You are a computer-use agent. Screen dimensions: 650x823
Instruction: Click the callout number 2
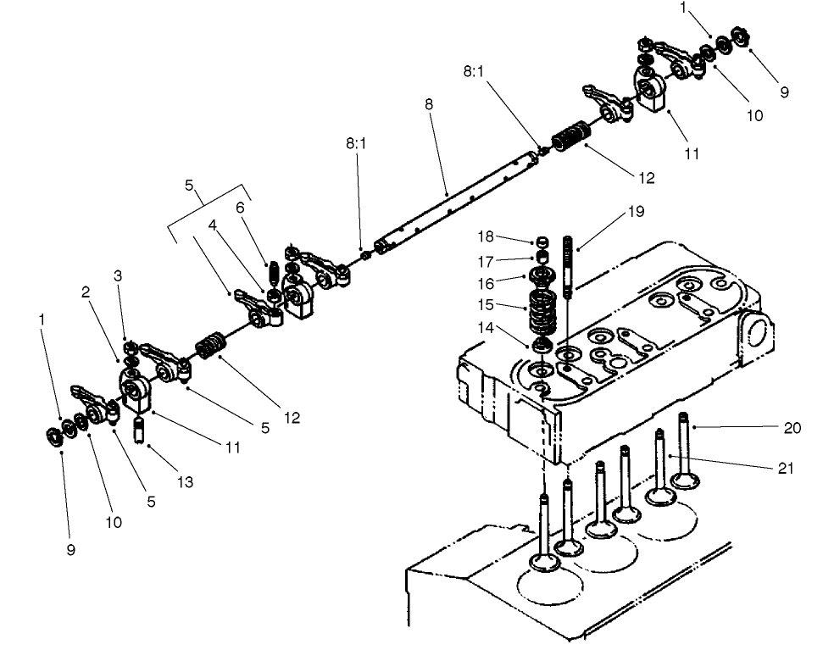pos(86,292)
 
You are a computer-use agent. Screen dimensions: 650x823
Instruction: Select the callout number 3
pos(118,276)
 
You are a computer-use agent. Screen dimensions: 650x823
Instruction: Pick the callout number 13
pos(185,482)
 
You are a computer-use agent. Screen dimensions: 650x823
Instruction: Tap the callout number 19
pos(637,212)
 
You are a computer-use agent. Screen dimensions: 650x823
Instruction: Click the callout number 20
pos(792,429)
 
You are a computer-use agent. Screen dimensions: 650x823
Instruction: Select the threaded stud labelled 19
pos(568,263)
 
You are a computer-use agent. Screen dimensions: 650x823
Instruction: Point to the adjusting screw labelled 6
pos(274,275)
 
